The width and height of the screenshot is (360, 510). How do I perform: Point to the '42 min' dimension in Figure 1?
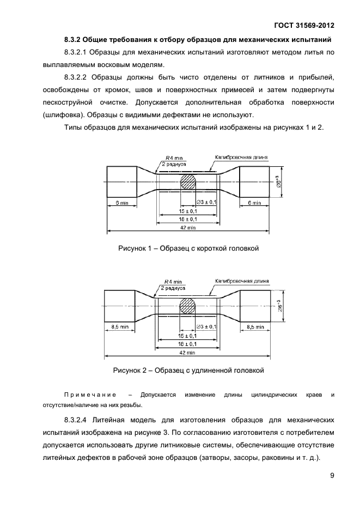point(188,227)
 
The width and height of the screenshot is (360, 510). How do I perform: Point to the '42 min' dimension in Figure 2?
point(188,352)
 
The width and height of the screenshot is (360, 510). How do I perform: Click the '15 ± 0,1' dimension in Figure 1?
point(188,210)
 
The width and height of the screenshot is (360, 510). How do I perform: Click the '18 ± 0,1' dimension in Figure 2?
point(188,344)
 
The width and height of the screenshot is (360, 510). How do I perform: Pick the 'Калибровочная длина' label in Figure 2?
point(242,281)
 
